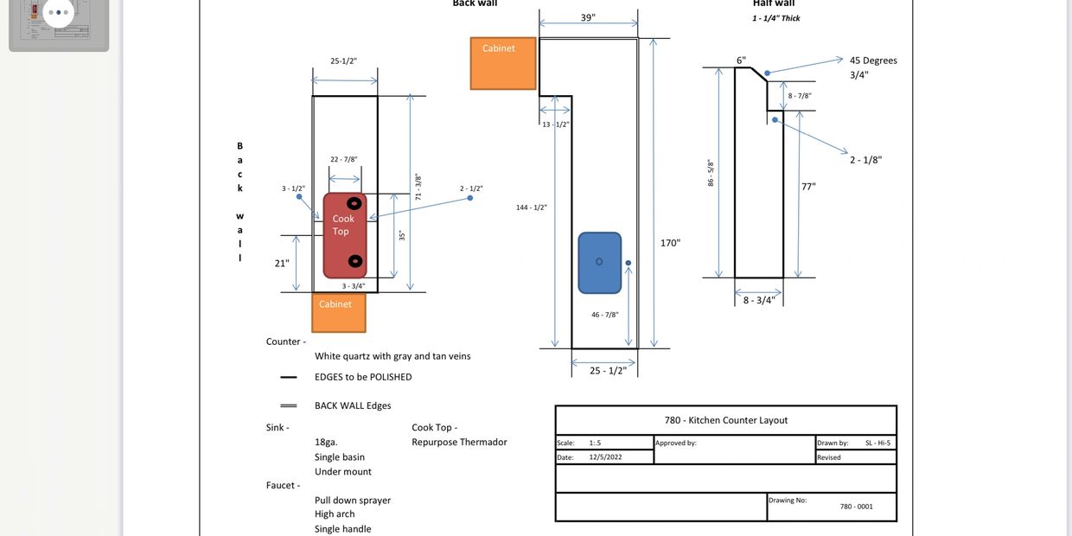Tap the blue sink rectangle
point(599,262)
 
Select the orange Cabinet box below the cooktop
point(338,312)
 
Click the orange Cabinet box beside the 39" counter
point(502,63)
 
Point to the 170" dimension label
point(670,243)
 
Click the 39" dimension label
point(588,18)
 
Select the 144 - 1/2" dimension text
point(532,207)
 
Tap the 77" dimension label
point(808,187)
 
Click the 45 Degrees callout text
point(873,61)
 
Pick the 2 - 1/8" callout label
point(865,160)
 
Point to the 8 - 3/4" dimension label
point(759,301)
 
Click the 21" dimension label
point(281,264)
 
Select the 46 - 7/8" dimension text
point(605,315)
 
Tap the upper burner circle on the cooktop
point(354,203)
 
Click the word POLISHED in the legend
point(391,377)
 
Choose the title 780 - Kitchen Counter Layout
point(726,420)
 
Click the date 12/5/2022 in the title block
point(605,457)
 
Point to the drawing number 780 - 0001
point(856,507)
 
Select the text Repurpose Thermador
point(459,443)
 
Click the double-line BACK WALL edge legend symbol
point(289,405)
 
